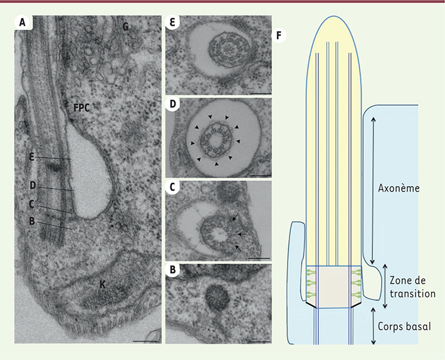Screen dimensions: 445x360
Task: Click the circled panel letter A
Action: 23,23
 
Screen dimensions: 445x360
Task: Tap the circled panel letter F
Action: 280,36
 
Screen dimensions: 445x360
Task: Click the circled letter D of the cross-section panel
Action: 172,105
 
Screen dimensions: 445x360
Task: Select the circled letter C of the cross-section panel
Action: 172,187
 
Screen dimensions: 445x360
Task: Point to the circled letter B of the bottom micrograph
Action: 172,270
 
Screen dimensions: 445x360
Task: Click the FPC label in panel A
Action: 81,108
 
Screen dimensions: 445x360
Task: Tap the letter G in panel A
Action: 125,26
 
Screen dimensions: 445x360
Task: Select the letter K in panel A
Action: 102,284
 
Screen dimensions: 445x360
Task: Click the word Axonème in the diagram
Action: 399,188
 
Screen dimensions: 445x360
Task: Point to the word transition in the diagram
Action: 412,294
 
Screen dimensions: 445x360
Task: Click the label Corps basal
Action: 404,326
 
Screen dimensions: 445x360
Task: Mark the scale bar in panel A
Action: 145,341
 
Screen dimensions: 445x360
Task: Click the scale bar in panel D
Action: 261,176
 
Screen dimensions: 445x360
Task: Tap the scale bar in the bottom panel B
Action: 260,342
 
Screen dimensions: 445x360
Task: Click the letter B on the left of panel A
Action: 32,221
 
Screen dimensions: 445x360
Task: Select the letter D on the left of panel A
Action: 33,186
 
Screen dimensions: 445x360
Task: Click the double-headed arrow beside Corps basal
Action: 373,326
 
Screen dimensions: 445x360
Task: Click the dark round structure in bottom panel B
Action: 217,297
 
